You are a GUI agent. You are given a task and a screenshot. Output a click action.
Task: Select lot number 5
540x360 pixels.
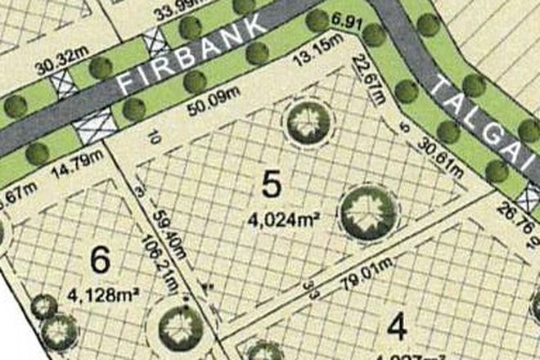[x=272, y=185]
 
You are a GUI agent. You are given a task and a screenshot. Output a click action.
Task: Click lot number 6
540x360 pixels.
[x=100, y=261]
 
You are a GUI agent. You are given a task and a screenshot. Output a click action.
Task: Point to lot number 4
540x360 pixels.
[x=397, y=328]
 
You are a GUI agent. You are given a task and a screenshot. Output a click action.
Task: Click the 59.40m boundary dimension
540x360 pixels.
[x=167, y=232]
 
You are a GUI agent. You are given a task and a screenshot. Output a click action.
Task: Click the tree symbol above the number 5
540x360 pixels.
[x=309, y=123]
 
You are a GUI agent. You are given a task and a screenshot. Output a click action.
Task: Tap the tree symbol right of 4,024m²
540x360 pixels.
[x=367, y=211]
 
